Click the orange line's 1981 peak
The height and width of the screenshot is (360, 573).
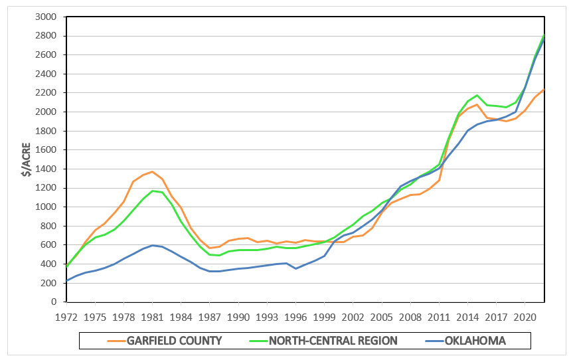[x=152, y=171]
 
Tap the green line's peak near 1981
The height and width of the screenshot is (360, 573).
[x=152, y=191]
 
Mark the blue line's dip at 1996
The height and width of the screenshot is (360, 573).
[x=295, y=268]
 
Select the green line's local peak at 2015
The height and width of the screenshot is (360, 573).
[x=477, y=96]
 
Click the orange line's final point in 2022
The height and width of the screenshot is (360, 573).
[x=544, y=90]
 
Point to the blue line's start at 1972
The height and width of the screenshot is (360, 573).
[x=66, y=280]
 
